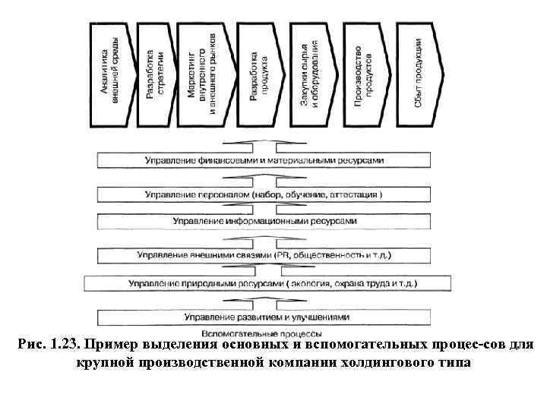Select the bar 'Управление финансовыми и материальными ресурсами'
pyautogui.click(x=265, y=161)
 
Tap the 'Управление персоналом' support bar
pyautogui.click(x=265, y=194)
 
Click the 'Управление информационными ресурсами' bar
pyautogui.click(x=265, y=221)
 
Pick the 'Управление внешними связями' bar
pyautogui.click(x=265, y=254)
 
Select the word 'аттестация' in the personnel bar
pyautogui.click(x=355, y=195)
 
